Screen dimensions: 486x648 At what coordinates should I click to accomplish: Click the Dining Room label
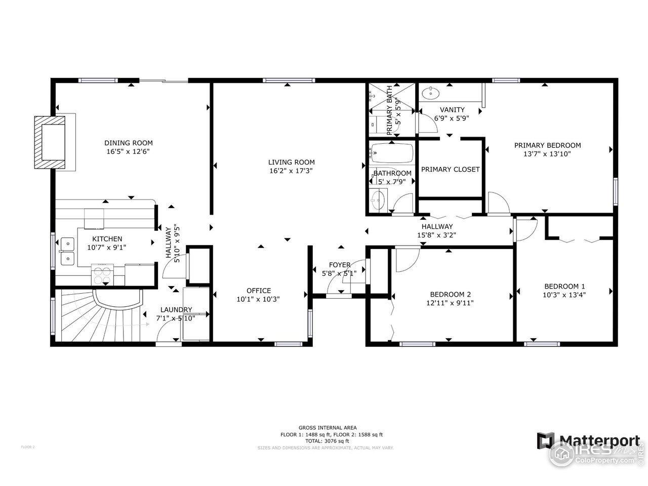(128, 143)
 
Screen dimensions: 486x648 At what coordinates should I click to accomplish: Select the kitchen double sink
(66, 252)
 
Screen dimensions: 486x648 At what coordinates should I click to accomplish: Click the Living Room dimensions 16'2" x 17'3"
(291, 171)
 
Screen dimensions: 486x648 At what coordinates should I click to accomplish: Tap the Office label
(258, 291)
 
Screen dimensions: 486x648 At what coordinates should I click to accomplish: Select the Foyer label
(339, 265)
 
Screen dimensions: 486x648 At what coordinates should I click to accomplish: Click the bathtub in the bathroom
(391, 152)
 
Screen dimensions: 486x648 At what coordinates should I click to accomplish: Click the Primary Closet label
(450, 169)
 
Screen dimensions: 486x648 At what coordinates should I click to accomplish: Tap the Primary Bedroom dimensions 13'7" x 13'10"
(547, 154)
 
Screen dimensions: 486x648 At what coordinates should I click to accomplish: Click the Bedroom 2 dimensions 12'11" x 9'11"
(450, 303)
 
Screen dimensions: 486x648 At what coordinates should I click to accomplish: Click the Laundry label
(176, 310)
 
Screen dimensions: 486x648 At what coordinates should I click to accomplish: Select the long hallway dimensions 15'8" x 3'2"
(437, 235)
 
